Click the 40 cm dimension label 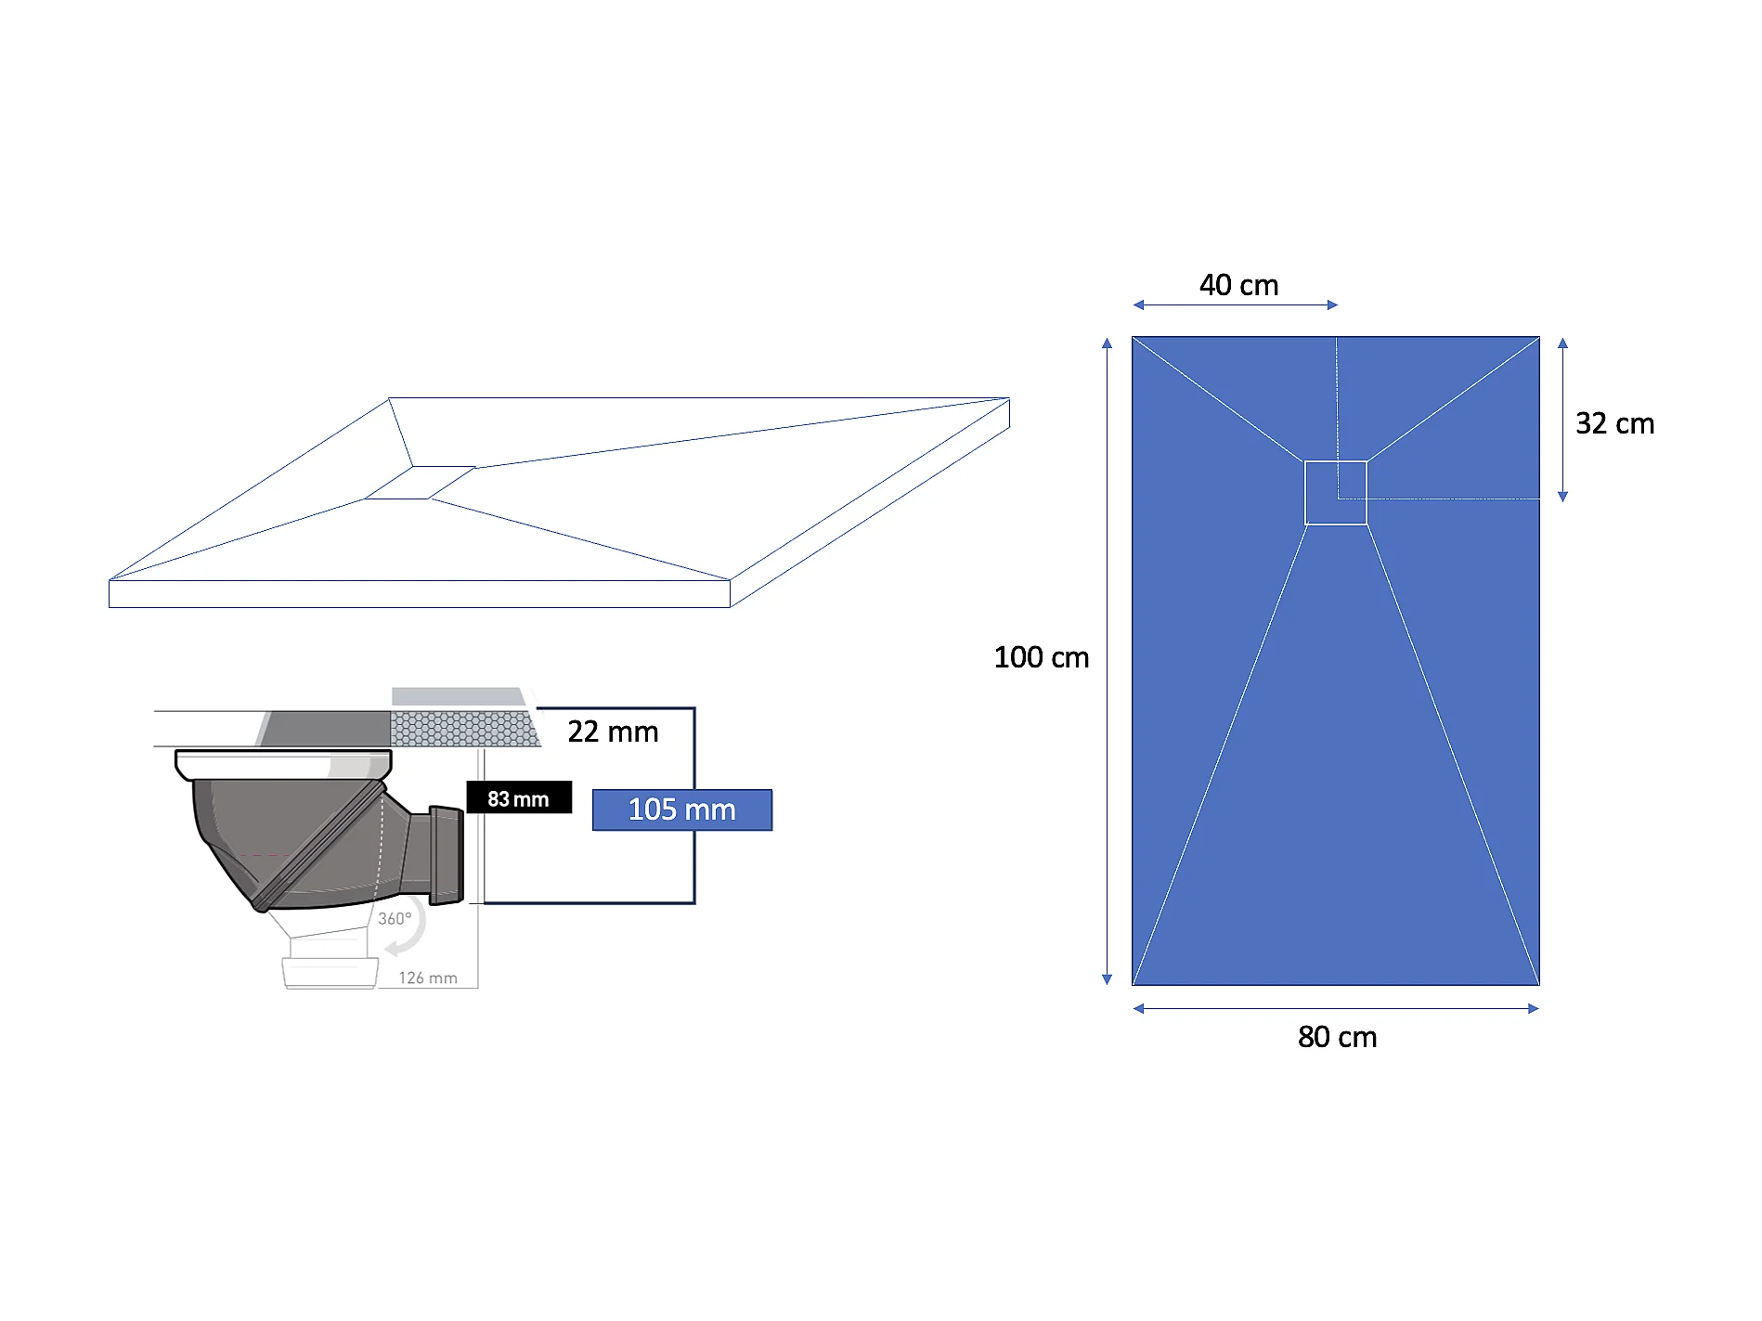[x=1238, y=285]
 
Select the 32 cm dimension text [x=1614, y=423]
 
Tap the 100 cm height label [x=1041, y=657]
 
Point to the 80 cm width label [x=1337, y=1037]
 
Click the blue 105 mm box [x=681, y=809]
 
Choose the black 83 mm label [x=518, y=798]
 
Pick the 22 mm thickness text [x=613, y=732]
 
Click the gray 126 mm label [x=428, y=978]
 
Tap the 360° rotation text [x=395, y=918]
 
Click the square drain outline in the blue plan [x=1335, y=492]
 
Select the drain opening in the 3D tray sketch [x=420, y=483]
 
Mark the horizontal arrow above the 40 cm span [x=1235, y=304]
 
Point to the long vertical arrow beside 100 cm [x=1107, y=661]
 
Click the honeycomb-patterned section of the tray [x=464, y=729]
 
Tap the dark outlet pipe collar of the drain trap [x=447, y=855]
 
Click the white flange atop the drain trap [x=283, y=765]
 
